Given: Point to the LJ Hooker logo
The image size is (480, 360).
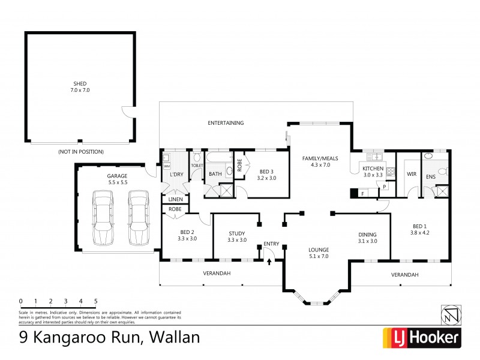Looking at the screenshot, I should tap(421, 338).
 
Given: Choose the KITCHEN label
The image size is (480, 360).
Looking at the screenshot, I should tap(373, 169).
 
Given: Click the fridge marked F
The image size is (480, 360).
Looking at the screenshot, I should tap(362, 193).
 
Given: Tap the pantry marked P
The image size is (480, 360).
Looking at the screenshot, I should tap(383, 187).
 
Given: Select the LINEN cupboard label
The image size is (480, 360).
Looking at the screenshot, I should tap(175, 199).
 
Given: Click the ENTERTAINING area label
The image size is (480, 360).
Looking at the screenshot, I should tap(226, 123).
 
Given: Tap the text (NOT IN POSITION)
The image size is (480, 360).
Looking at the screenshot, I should tap(81, 152).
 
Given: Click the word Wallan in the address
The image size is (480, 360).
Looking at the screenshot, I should tap(171, 338).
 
